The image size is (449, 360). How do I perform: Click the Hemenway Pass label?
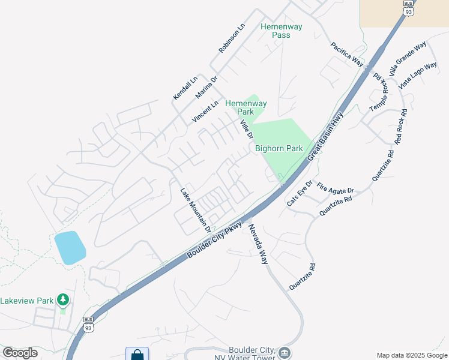[x=281, y=31]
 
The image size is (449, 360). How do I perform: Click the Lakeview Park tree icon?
[x=62, y=299]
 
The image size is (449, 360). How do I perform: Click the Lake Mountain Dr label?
[x=196, y=211]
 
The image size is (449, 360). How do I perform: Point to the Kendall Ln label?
[x=185, y=88]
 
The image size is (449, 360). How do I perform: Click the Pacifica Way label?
[x=348, y=54]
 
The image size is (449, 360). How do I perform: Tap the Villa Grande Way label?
[x=407, y=58]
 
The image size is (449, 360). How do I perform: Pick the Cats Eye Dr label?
[x=300, y=193]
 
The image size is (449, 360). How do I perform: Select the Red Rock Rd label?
[x=401, y=127]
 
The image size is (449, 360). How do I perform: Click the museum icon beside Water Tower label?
[x=285, y=352]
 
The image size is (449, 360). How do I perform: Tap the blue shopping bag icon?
[x=137, y=355]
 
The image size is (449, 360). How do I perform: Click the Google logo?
[x=20, y=353]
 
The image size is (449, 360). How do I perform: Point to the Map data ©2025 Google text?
[x=411, y=355]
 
